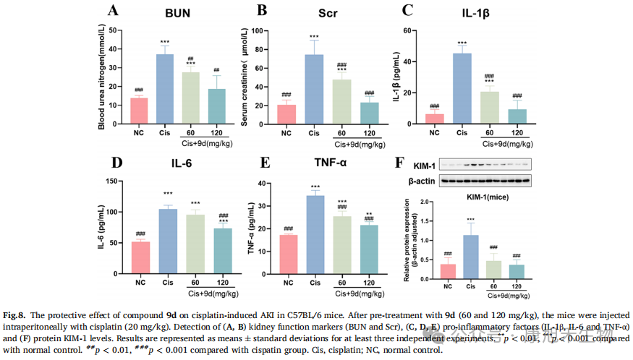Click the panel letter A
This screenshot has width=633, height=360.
click(113, 10)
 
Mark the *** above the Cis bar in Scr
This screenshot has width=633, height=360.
click(313, 37)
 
